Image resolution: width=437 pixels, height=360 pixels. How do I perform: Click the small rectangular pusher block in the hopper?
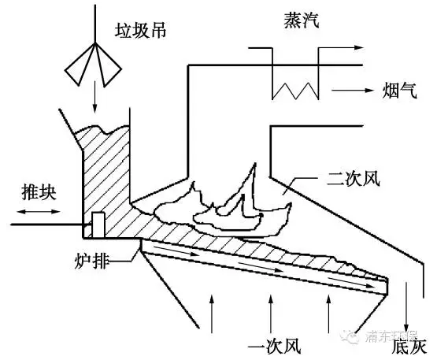coord(98,225)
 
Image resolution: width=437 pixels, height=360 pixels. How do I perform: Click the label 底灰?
coord(410,344)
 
